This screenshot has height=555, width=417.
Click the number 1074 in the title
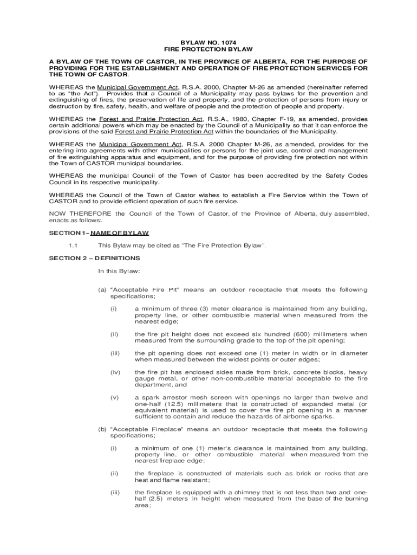click(x=228, y=42)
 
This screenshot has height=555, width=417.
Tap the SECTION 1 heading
click(x=99, y=233)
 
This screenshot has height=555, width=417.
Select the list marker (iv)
click(x=115, y=372)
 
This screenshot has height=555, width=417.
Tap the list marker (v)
click(x=114, y=397)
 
